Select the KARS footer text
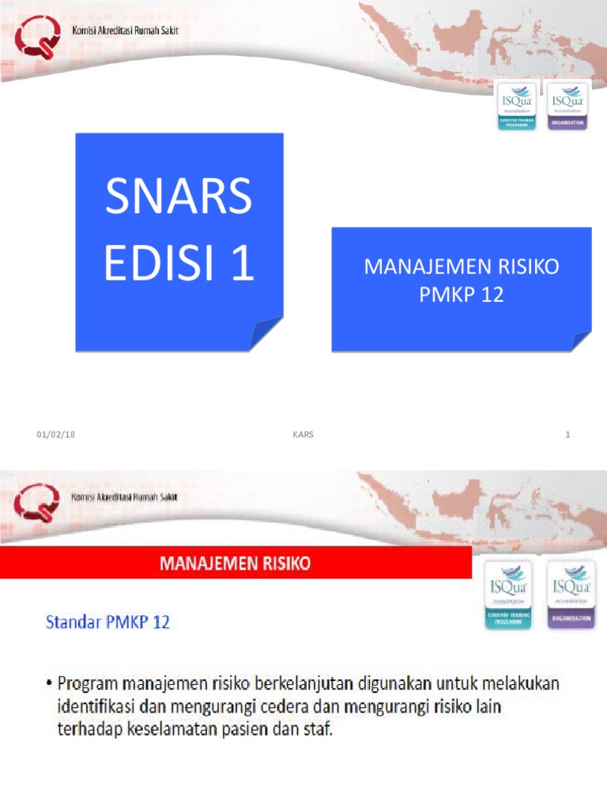tap(303, 435)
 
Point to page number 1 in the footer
tap(567, 435)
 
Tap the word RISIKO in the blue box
tap(522, 267)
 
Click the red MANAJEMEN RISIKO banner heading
tap(236, 564)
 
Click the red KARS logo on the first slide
tap(37, 40)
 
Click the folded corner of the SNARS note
tap(266, 333)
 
